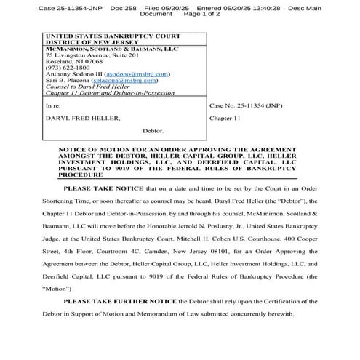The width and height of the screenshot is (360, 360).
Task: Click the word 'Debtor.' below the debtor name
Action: [x=153, y=130]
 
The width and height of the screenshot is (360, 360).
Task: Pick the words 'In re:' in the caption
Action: [x=53, y=105]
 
